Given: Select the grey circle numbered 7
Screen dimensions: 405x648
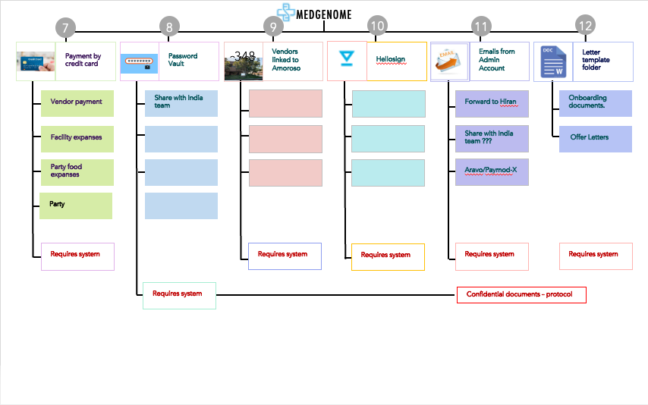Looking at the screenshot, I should tap(66, 28).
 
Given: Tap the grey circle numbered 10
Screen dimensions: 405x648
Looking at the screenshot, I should tap(377, 26).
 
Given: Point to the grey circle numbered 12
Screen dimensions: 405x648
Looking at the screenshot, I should tap(585, 26).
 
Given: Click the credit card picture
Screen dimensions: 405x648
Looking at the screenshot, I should tap(36, 61).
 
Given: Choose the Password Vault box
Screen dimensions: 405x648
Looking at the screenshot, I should tap(188, 61).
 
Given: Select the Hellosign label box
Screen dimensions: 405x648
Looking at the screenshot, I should tap(396, 61).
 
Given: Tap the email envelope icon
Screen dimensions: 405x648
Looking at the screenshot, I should tap(449, 62).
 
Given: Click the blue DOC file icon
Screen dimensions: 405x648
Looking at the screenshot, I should tap(553, 62).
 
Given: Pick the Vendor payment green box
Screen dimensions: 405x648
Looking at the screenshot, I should tap(77, 103).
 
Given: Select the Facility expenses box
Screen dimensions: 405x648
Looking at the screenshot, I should tap(77, 138).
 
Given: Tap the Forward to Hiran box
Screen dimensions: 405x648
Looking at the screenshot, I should tap(492, 103).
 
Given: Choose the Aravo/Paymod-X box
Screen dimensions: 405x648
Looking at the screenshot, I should tap(492, 172).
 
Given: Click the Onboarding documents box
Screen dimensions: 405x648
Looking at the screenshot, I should tap(596, 103).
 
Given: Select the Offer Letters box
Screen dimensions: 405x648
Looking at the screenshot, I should tap(596, 138).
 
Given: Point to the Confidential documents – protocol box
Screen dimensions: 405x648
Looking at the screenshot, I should tap(521, 294).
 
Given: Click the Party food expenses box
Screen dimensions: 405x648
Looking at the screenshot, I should tap(77, 172).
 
